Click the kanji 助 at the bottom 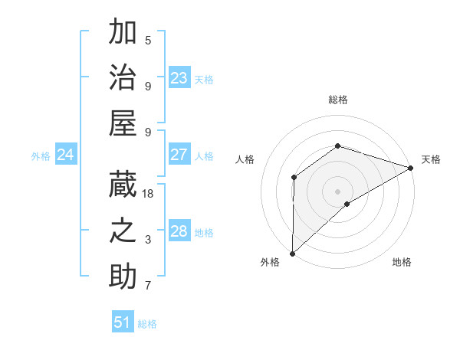[123, 277]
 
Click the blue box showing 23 [179, 77]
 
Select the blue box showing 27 [179, 155]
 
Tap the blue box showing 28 [179, 231]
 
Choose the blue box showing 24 [66, 155]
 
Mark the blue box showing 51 [123, 322]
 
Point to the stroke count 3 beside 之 [148, 240]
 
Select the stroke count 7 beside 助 [148, 286]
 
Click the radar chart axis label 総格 [337, 100]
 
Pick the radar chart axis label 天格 [431, 159]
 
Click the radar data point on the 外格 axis [292, 253]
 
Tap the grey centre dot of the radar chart [337, 191]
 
